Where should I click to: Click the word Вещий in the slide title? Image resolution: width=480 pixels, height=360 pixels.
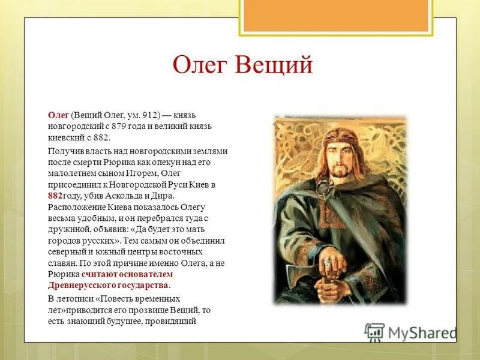(x=274, y=65)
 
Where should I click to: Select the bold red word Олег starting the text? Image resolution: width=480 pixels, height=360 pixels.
(x=58, y=115)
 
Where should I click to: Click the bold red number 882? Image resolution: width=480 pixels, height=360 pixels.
(x=56, y=196)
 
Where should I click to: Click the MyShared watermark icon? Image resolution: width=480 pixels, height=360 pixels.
(x=374, y=332)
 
